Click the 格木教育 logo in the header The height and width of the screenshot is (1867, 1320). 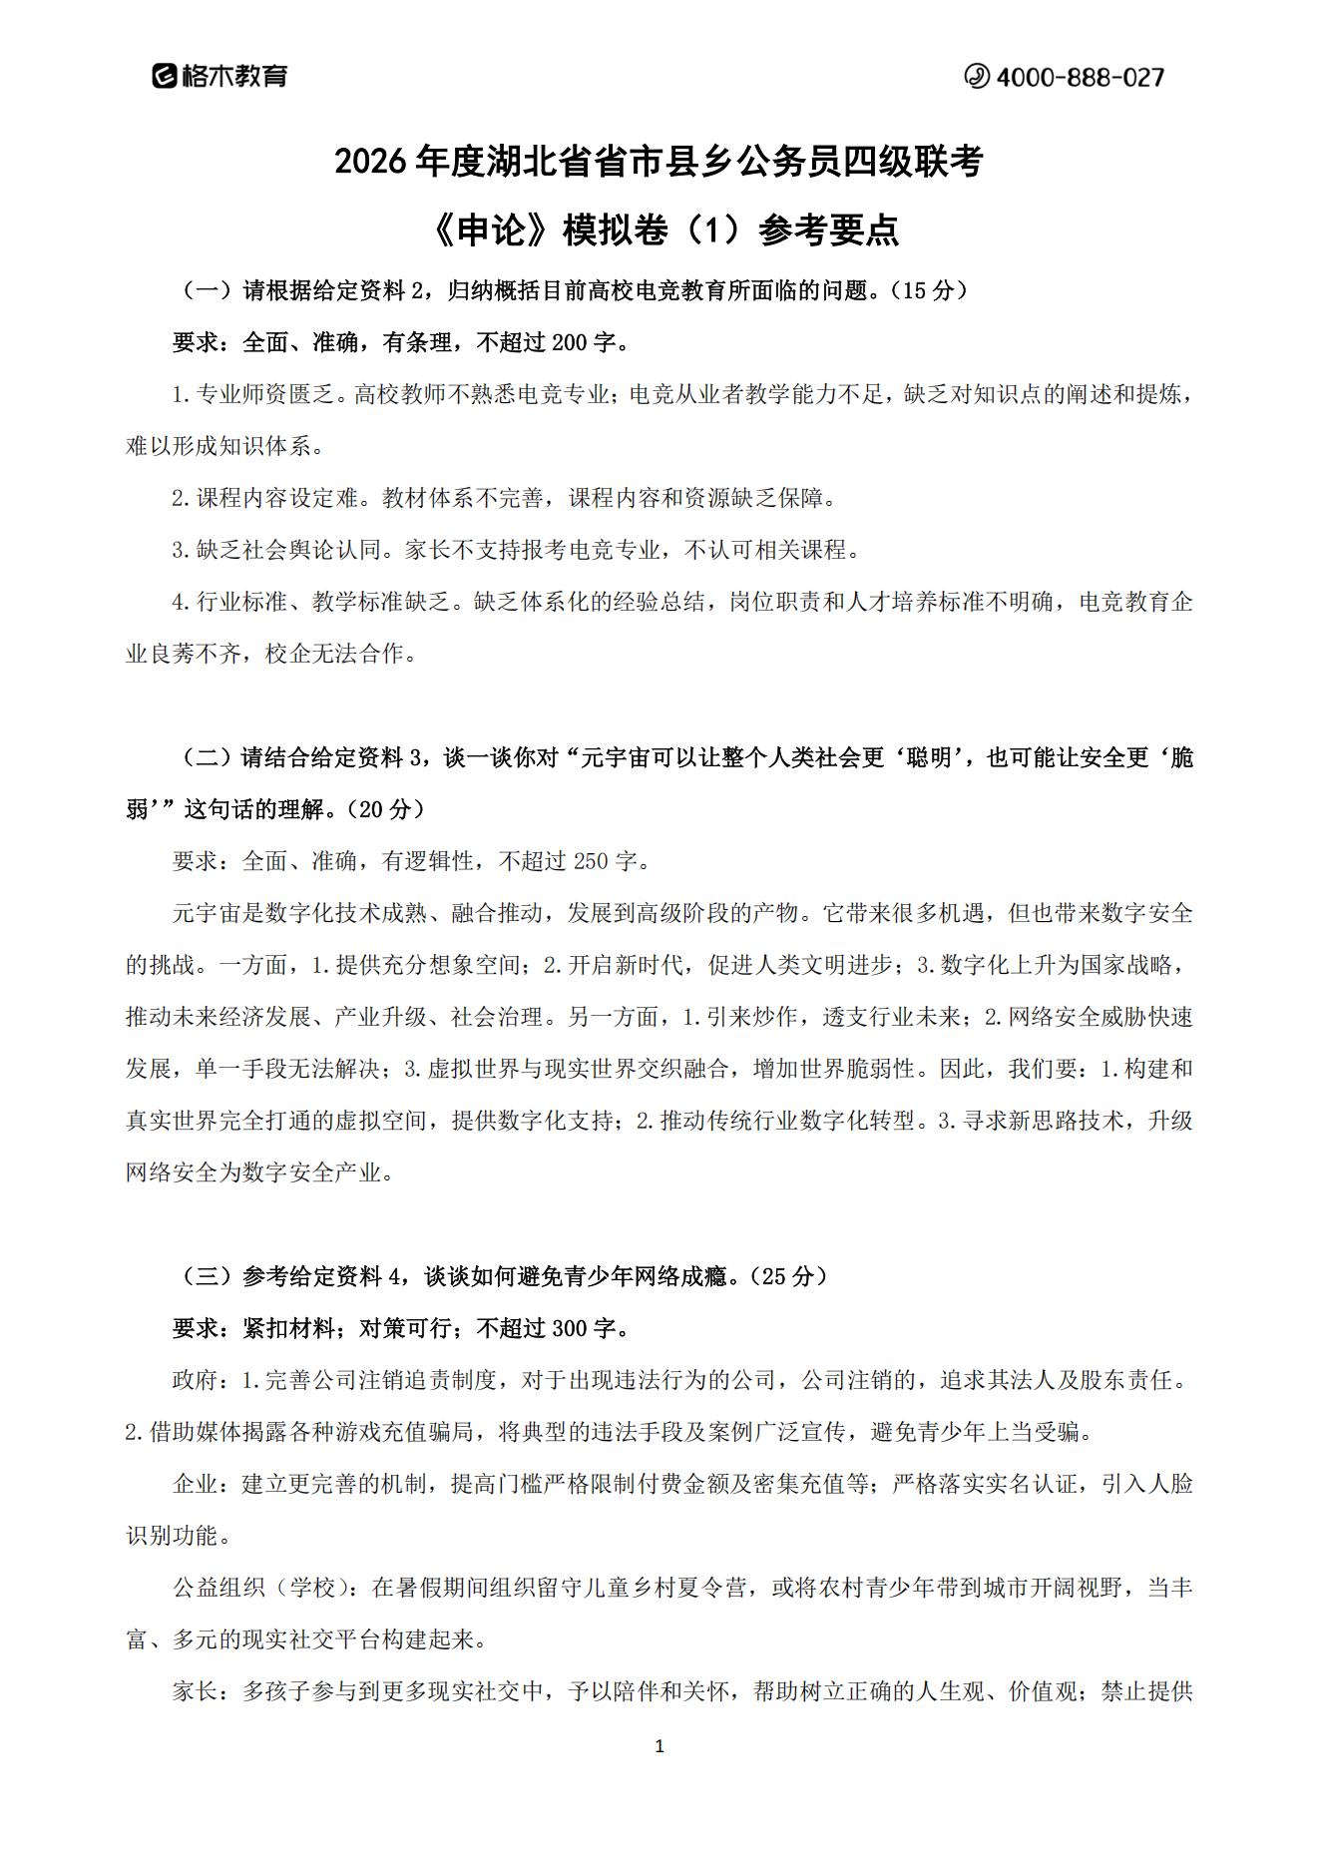(x=220, y=76)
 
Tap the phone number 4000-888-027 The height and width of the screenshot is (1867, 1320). (x=1065, y=77)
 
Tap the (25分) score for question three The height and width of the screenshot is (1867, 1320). (x=789, y=1276)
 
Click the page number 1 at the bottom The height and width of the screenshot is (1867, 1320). (x=659, y=1747)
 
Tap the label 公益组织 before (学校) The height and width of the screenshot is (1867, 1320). (x=220, y=1589)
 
